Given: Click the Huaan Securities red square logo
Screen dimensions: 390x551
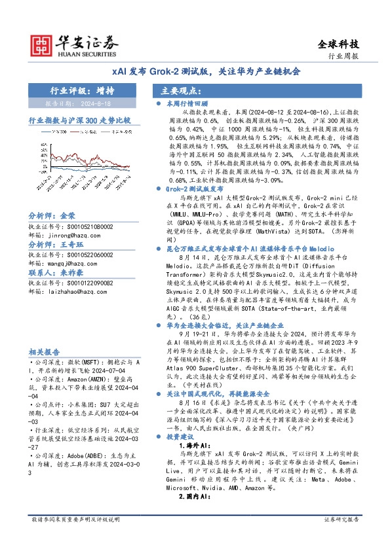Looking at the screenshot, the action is (x=41, y=43).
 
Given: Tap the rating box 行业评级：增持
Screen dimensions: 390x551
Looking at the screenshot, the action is (x=81, y=91).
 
